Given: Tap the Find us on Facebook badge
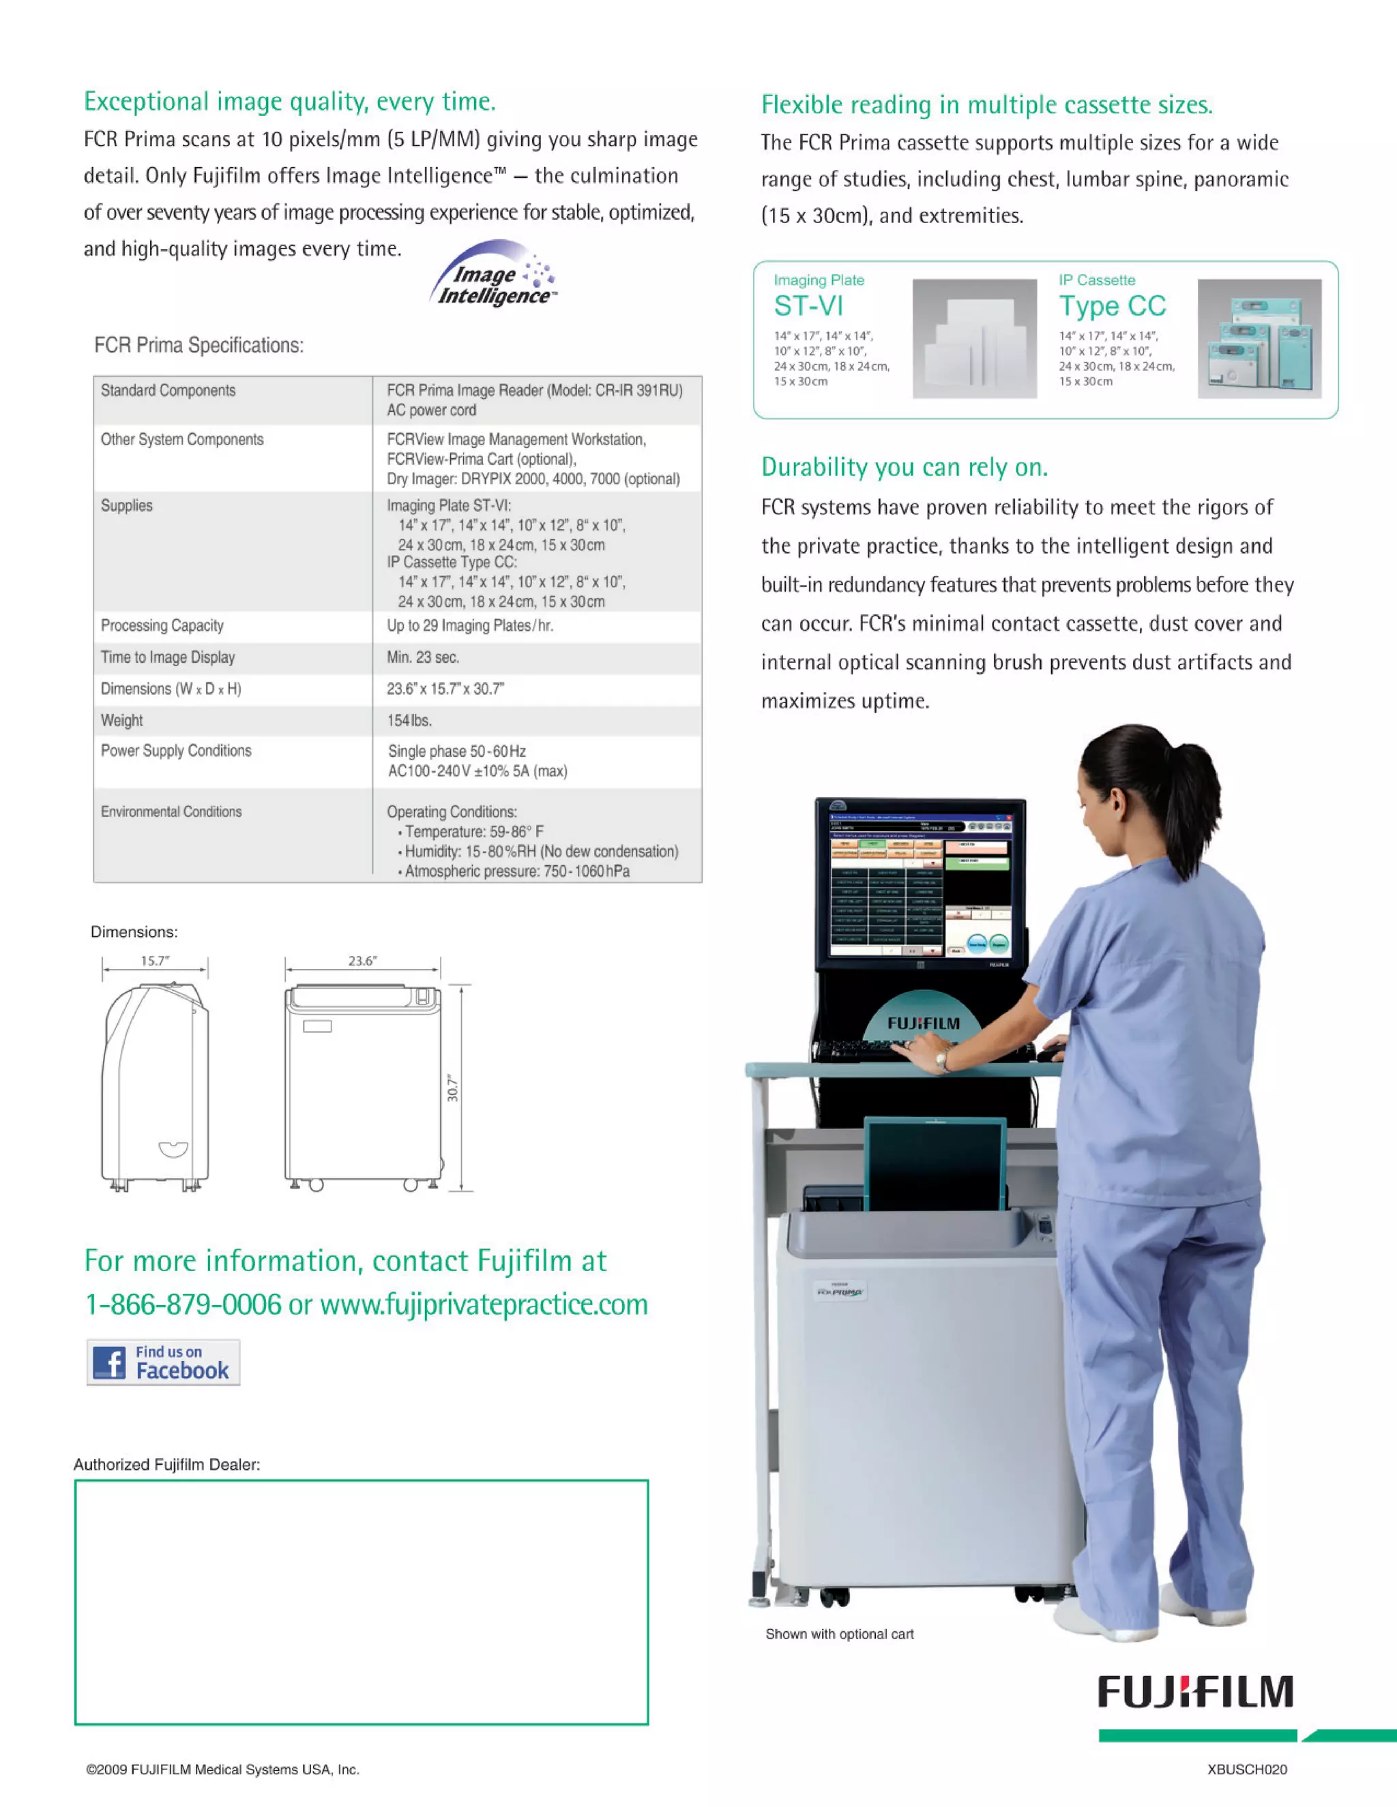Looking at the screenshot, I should tap(163, 1362).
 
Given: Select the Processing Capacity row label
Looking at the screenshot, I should tap(162, 625).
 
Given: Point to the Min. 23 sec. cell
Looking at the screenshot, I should tap(423, 657).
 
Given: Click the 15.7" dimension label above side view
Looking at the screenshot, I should tap(155, 961).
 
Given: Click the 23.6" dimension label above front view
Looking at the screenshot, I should tap(362, 961).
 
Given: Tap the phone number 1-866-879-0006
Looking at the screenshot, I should tap(183, 1304).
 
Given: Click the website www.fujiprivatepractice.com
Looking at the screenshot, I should tap(484, 1304).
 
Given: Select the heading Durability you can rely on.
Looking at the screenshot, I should tap(904, 468).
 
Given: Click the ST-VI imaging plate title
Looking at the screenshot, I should tap(808, 306).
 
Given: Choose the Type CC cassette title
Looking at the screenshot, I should tap(1111, 306).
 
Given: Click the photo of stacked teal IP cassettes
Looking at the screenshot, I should tap(1258, 339).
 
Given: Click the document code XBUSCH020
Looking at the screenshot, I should tap(1246, 1769).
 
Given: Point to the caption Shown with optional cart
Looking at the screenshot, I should tap(838, 1634).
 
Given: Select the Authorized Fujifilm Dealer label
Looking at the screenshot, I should tap(166, 1465).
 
